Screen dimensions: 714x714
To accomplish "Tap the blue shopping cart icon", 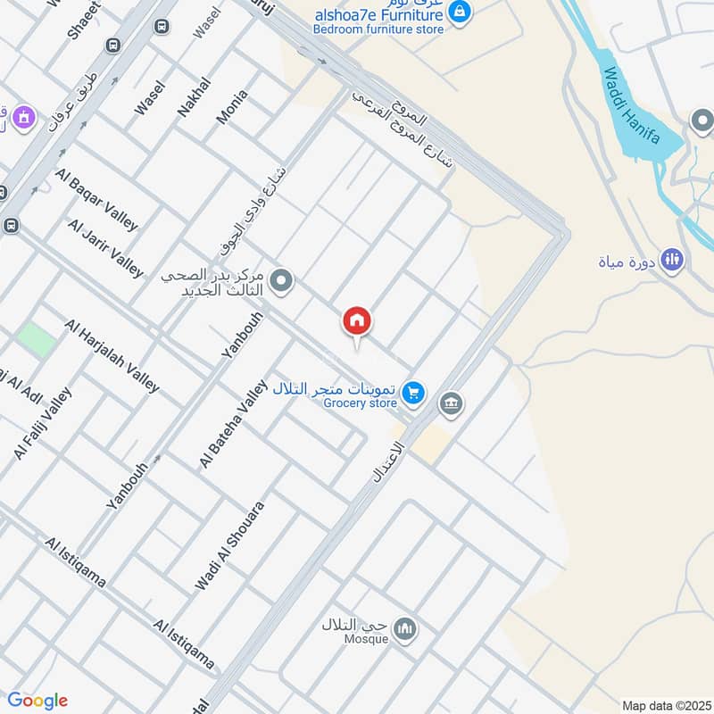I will coord(412,391).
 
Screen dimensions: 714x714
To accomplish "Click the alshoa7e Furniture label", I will coord(378,15).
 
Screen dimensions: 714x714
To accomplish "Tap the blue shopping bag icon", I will coord(459,12).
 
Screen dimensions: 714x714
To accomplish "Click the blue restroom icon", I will coord(673,259).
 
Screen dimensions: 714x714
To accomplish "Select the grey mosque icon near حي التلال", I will coord(406,629).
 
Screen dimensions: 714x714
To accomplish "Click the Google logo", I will coord(37,701).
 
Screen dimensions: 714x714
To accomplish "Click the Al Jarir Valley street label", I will coord(104,248).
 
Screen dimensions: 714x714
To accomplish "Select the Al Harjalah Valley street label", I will coord(112,355).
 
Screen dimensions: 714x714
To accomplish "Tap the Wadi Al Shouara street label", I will coord(230,545).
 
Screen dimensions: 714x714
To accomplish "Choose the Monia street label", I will coord(231,106).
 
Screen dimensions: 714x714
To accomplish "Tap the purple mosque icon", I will coord(22,116).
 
